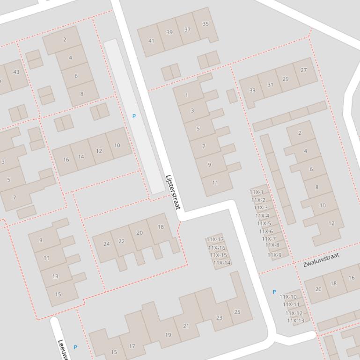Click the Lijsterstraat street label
coord(173,192)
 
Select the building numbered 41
coord(151,41)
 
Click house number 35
coord(206,24)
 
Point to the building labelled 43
coord(16,72)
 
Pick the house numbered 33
coord(252,90)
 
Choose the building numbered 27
coord(304,70)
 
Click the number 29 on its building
coord(286,79)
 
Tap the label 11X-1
coord(257,192)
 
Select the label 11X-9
coord(275,255)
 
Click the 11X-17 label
coord(215,239)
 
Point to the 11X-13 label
coord(295,321)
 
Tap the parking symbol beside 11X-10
coord(274,292)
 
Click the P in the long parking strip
coord(134,116)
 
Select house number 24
coord(106,244)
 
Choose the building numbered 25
coord(237,312)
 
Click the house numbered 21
coord(186,326)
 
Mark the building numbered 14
coord(81,157)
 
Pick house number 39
coord(169,32)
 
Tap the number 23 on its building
coord(219,318)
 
